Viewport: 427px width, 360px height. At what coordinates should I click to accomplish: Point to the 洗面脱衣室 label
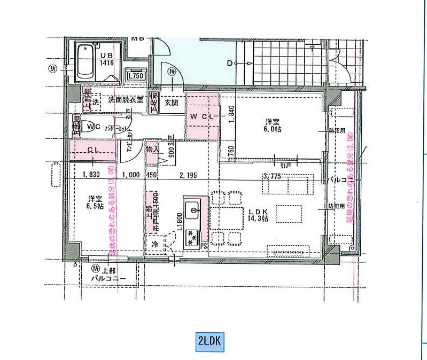125,99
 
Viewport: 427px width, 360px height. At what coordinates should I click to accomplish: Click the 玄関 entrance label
171,103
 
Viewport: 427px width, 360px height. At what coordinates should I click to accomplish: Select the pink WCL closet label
201,116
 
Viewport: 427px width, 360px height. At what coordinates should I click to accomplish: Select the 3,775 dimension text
272,177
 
